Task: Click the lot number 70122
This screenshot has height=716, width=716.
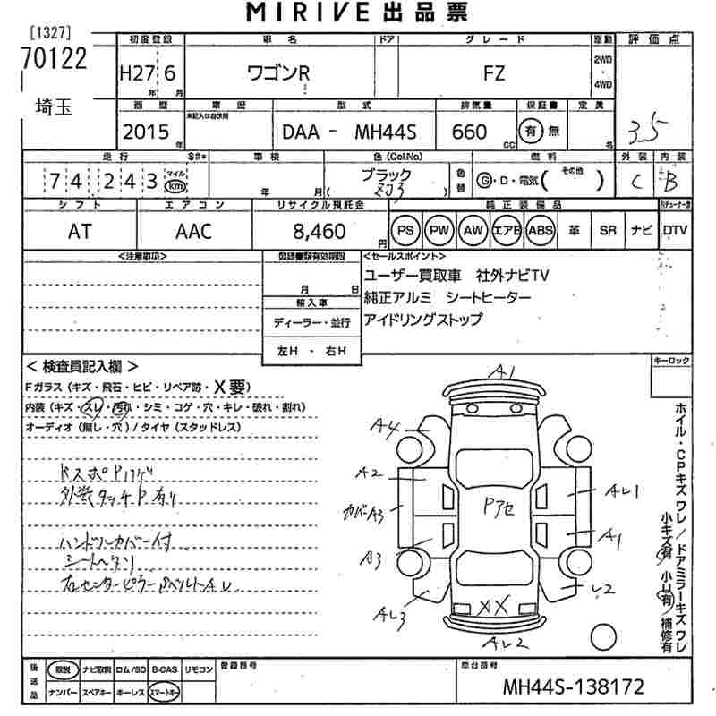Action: pyautogui.click(x=55, y=58)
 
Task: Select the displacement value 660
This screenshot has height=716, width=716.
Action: pyautogui.click(x=469, y=132)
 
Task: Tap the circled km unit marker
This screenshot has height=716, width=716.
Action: pyautogui.click(x=176, y=185)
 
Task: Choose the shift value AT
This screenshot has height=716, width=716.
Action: pyautogui.click(x=79, y=231)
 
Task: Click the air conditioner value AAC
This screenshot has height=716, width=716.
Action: pyautogui.click(x=193, y=231)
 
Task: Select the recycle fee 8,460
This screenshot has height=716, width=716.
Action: pyautogui.click(x=319, y=231)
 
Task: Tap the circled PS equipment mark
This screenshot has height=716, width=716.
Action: pyautogui.click(x=405, y=230)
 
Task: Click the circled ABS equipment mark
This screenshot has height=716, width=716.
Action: pyautogui.click(x=541, y=230)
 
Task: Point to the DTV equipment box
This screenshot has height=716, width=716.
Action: pyautogui.click(x=676, y=230)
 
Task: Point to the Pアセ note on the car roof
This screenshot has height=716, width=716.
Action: pyautogui.click(x=499, y=505)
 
